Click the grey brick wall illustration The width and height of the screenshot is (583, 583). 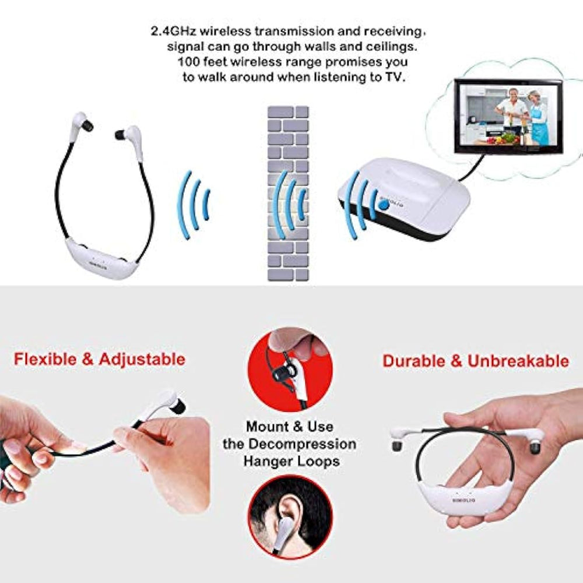287,192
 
